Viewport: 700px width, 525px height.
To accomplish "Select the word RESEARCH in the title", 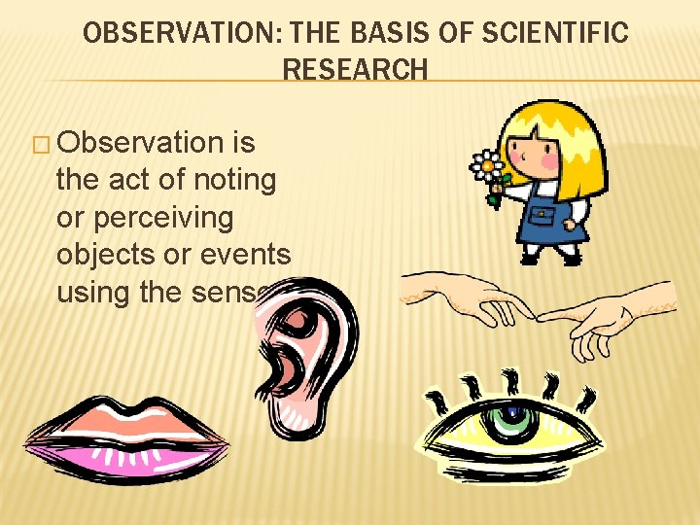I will pyautogui.click(x=355, y=70).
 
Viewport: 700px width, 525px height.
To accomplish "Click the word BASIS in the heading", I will pyautogui.click(x=383, y=34).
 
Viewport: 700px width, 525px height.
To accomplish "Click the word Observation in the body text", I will pyautogui.click(x=140, y=143).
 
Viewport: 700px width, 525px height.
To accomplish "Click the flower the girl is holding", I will pyautogui.click(x=486, y=167).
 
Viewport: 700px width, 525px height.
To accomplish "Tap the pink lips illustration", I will pyautogui.click(x=126, y=437).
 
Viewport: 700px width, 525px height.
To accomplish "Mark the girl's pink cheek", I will pyautogui.click(x=549, y=156).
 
